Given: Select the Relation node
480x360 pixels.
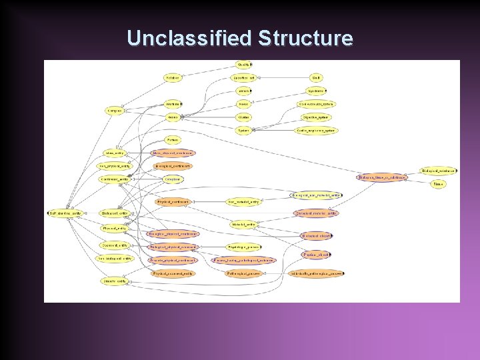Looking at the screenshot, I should [173, 78].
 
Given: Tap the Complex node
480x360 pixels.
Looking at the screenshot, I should [115, 111].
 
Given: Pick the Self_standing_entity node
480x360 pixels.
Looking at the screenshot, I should [65, 213].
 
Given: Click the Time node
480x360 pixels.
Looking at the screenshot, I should [438, 184].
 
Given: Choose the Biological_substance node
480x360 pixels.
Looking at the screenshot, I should [438, 171].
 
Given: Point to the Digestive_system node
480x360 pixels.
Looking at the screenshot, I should [315, 117].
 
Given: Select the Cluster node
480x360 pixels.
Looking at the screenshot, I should [244, 117].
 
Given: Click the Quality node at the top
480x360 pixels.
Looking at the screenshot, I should [244, 65].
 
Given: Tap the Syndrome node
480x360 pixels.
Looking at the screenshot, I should [315, 91].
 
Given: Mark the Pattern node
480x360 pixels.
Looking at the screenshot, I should [173, 140].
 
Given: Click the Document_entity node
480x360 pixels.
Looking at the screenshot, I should [115, 246].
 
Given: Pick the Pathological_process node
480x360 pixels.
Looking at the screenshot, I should [243, 273].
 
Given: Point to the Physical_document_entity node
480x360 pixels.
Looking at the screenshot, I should [173, 273].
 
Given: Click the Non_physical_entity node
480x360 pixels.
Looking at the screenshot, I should [115, 166].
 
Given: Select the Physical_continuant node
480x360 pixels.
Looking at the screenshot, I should [173, 201].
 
